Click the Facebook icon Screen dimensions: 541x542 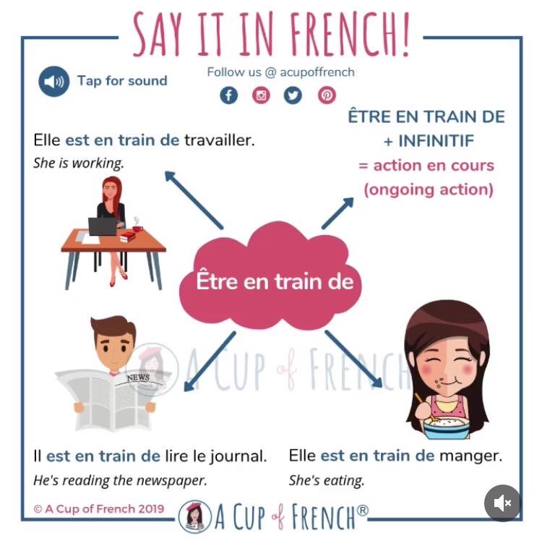(x=228, y=95)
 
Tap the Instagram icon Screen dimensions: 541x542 (x=261, y=95)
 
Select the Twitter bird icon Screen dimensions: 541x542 (x=293, y=95)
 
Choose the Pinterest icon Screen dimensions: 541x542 (x=326, y=95)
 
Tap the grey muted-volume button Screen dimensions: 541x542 (x=502, y=503)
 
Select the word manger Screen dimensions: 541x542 (x=470, y=456)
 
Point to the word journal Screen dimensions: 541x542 (x=241, y=456)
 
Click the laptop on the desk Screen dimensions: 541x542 (x=103, y=227)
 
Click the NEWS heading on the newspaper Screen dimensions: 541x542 (x=137, y=378)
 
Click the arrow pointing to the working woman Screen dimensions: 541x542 (x=193, y=198)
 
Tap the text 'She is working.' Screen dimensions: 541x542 (x=79, y=163)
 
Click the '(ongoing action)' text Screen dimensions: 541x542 (x=428, y=189)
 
